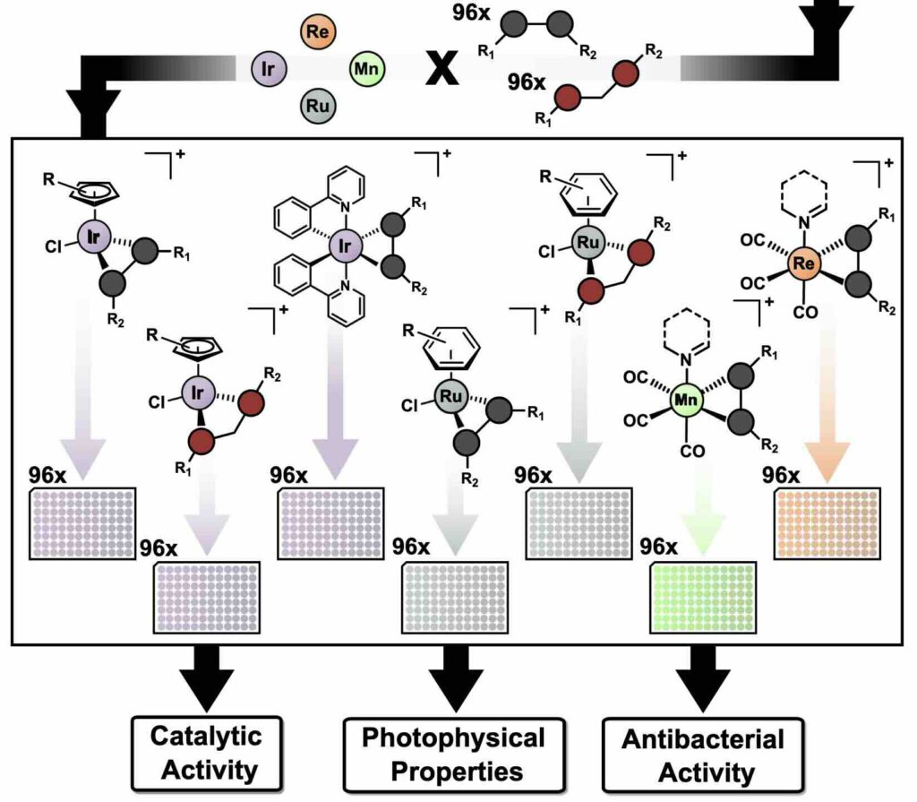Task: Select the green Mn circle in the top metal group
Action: coord(366,67)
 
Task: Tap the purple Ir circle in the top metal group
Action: coord(268,68)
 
